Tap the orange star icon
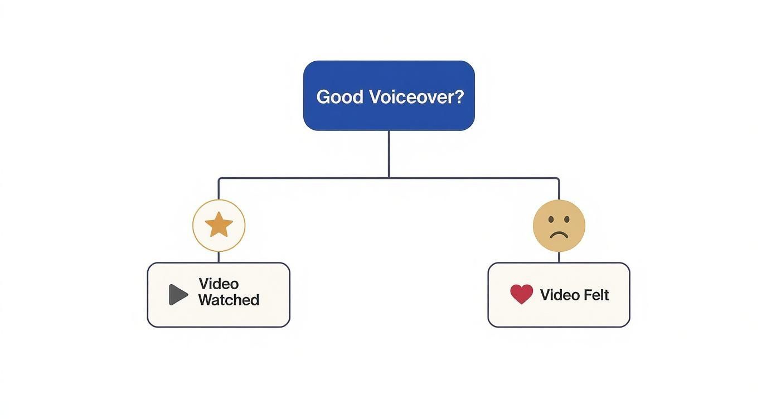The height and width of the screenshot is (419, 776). (219, 225)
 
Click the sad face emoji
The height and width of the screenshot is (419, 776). (559, 226)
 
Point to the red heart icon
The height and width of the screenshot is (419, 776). (521, 294)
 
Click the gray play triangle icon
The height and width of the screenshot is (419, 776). (178, 294)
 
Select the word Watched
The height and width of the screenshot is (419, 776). (229, 300)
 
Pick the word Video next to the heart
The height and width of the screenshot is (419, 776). (560, 295)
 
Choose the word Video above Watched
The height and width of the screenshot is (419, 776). (218, 284)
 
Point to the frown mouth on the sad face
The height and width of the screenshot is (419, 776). (559, 234)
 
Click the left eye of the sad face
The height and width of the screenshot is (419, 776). (551, 220)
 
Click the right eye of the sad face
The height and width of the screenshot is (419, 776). (566, 220)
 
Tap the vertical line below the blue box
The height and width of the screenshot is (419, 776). (389, 153)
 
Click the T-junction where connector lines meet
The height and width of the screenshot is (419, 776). (389, 178)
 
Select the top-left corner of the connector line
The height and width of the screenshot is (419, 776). (219, 179)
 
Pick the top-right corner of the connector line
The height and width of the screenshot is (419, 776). (558, 179)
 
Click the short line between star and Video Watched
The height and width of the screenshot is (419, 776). (219, 257)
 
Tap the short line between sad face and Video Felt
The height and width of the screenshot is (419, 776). (559, 257)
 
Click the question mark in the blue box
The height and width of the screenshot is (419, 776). (458, 97)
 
